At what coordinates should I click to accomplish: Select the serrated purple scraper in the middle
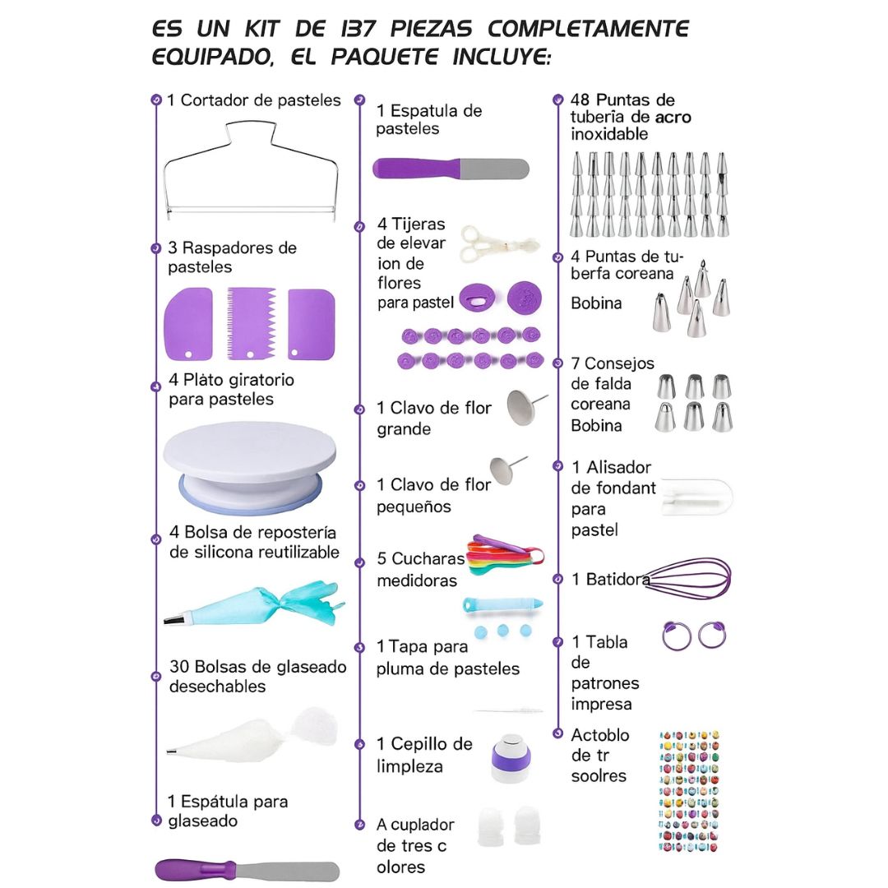[x=250, y=323]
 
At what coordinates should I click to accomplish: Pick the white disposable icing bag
[x=251, y=737]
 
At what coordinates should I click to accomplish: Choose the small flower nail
[x=506, y=469]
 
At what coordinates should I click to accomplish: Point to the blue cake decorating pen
[x=502, y=604]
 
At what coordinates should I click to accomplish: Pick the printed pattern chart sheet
[x=690, y=789]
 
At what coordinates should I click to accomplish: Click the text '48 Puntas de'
[x=622, y=100]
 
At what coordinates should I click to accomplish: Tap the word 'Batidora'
[x=617, y=580]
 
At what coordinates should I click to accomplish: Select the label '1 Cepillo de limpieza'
[x=424, y=755]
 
